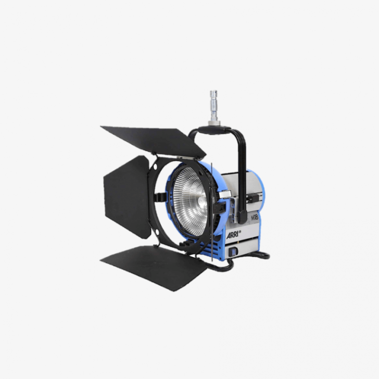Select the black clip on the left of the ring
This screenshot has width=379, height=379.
pos(161,198)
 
